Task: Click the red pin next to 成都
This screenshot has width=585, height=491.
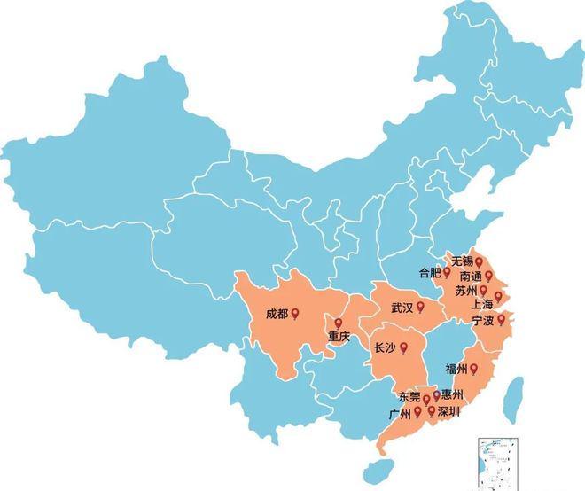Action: point(296,313)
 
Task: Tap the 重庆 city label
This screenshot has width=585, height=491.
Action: point(339,337)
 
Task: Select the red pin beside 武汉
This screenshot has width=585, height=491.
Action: point(421,307)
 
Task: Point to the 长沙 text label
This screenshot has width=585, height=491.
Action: point(386,348)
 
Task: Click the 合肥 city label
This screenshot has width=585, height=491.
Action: point(428,273)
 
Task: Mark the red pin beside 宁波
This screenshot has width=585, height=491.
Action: point(501,319)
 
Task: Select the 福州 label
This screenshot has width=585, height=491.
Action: point(457,368)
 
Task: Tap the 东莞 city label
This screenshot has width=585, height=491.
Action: point(409,397)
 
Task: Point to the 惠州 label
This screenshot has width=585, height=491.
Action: point(452,394)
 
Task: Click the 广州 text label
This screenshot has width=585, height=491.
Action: point(400,413)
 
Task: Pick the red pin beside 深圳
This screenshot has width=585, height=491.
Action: point(432,411)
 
